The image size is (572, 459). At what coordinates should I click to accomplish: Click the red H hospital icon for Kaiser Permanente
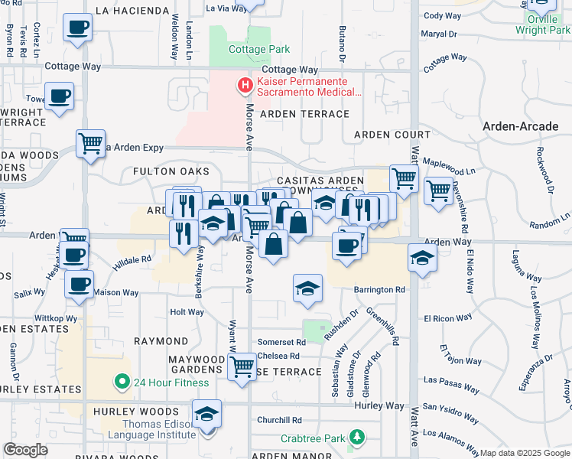coord(245,85)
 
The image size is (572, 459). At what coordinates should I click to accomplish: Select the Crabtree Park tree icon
coord(356,438)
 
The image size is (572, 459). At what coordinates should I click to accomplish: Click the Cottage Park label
coord(259,49)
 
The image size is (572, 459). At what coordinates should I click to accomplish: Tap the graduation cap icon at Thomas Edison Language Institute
coord(206,414)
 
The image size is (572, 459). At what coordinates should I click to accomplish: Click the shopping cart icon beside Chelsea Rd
coord(242,366)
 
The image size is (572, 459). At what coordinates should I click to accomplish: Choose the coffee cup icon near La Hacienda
coord(76,28)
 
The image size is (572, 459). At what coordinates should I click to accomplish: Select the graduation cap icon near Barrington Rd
coord(307,288)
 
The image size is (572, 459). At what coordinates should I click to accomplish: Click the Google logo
coord(26,450)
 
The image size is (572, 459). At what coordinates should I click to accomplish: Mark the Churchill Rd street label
coord(279,419)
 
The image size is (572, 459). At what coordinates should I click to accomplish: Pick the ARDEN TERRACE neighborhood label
coord(304,114)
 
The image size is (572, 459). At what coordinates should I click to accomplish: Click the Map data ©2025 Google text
coord(524,453)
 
